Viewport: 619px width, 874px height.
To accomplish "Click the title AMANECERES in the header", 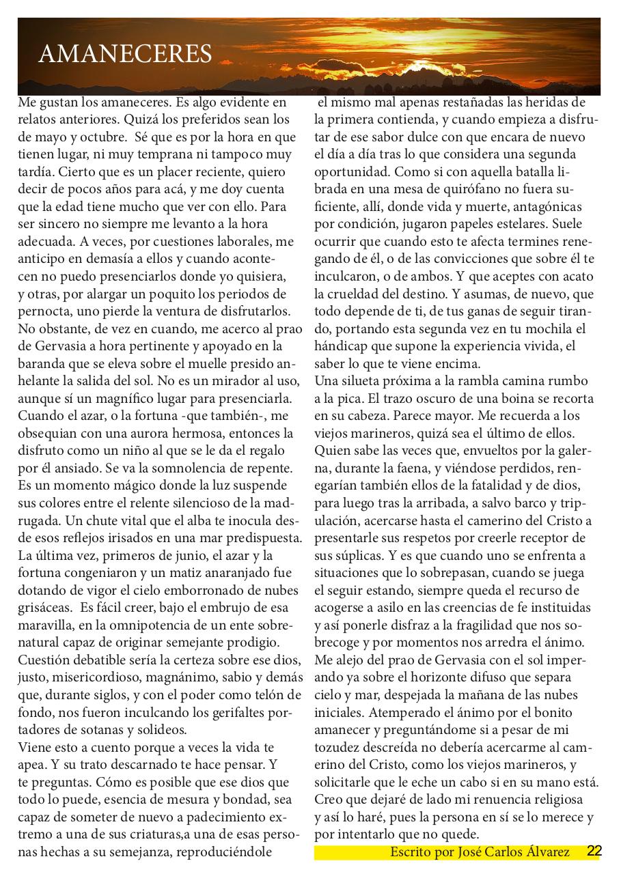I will [125, 54].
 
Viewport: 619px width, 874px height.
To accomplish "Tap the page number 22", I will [594, 851].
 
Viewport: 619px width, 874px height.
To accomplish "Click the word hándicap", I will [342, 346].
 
